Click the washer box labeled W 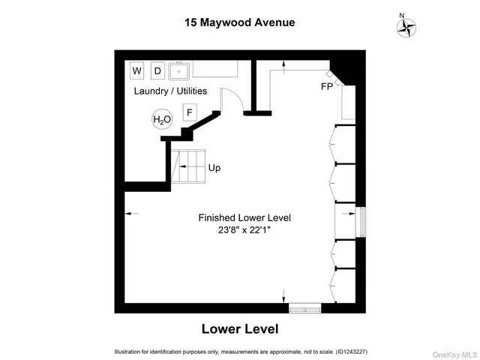click(137, 71)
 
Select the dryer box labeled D click(157, 71)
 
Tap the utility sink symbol click(179, 71)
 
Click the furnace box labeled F click(190, 113)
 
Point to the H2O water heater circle click(162, 119)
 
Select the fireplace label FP click(326, 86)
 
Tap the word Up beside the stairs click(214, 168)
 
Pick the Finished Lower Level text click(244, 217)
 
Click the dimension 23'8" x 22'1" click(244, 230)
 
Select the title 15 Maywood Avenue click(239, 22)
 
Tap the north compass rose click(406, 25)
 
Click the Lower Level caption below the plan click(240, 328)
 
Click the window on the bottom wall click(304, 307)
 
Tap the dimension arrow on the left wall click(131, 214)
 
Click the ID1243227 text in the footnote click(346, 352)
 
